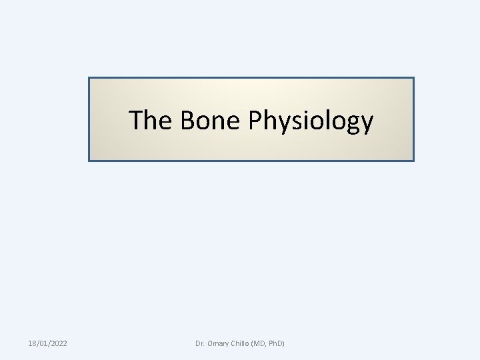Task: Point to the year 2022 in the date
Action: (58, 343)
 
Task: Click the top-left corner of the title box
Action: (89, 78)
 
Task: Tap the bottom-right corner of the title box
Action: (413, 161)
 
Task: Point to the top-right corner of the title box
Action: (413, 78)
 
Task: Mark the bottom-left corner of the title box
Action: (89, 161)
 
